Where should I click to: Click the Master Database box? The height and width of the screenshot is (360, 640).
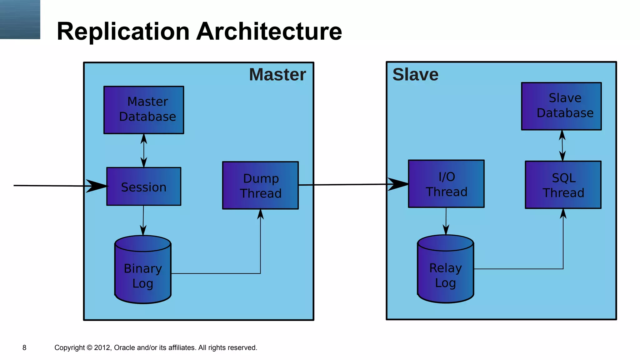[x=144, y=110]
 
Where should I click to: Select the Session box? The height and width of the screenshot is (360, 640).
[x=144, y=187]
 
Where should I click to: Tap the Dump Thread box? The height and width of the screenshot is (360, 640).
[x=260, y=185]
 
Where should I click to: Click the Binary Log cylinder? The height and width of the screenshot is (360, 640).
[x=143, y=272]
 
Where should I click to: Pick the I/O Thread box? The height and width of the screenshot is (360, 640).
[x=446, y=184]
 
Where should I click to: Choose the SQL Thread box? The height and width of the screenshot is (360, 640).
[x=563, y=185]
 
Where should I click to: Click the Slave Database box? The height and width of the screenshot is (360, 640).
[x=561, y=106]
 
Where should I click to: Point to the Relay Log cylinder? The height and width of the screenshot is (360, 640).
[x=446, y=271]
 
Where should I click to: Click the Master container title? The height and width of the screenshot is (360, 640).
[x=277, y=75]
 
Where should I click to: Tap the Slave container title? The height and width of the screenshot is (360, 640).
[x=415, y=75]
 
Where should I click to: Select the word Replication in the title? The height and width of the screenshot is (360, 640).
[x=123, y=32]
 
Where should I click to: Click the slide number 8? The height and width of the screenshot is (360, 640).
[x=24, y=347]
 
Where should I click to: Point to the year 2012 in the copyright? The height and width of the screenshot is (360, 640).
[x=102, y=347]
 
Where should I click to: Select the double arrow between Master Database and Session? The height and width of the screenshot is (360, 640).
[x=144, y=151]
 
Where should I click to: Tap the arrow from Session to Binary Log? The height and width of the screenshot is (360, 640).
[x=143, y=220]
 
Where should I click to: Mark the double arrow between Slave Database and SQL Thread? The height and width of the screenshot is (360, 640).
[x=562, y=146]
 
